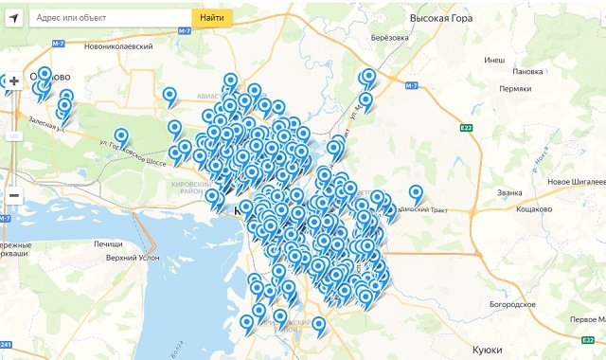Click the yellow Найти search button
(213, 18)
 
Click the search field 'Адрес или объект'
(109, 18)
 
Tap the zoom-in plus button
(13, 81)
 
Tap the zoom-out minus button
(13, 196)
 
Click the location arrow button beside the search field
(13, 18)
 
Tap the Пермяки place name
(516, 89)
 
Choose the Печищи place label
(107, 244)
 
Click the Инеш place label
(494, 60)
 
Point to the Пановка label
(526, 72)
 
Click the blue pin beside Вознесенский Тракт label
(416, 193)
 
